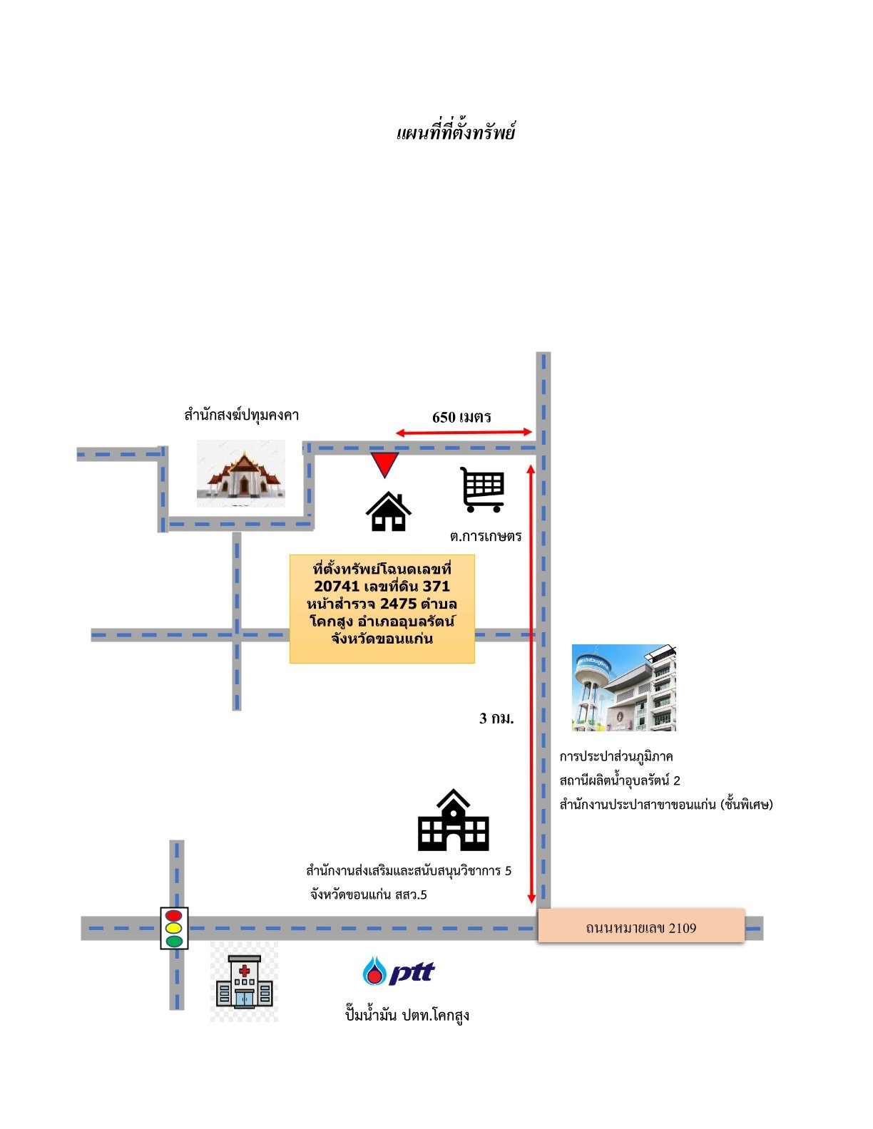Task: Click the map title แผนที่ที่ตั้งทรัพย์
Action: point(456,132)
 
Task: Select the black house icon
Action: point(389,511)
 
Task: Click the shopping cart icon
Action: point(483,490)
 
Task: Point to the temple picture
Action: point(241,473)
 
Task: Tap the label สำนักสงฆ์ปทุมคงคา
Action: point(241,415)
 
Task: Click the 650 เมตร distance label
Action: point(461,417)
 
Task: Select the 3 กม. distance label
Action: point(496,718)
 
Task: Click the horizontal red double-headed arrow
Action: point(464,432)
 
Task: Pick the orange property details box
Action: point(382,609)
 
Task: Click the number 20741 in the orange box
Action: point(337,586)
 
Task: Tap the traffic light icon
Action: point(174,929)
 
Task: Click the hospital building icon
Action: point(245,982)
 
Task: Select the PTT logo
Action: point(399,971)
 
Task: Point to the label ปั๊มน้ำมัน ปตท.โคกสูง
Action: point(407,1014)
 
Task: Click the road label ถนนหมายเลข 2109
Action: point(641,928)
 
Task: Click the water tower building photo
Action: point(624,687)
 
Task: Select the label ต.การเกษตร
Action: point(486,536)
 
